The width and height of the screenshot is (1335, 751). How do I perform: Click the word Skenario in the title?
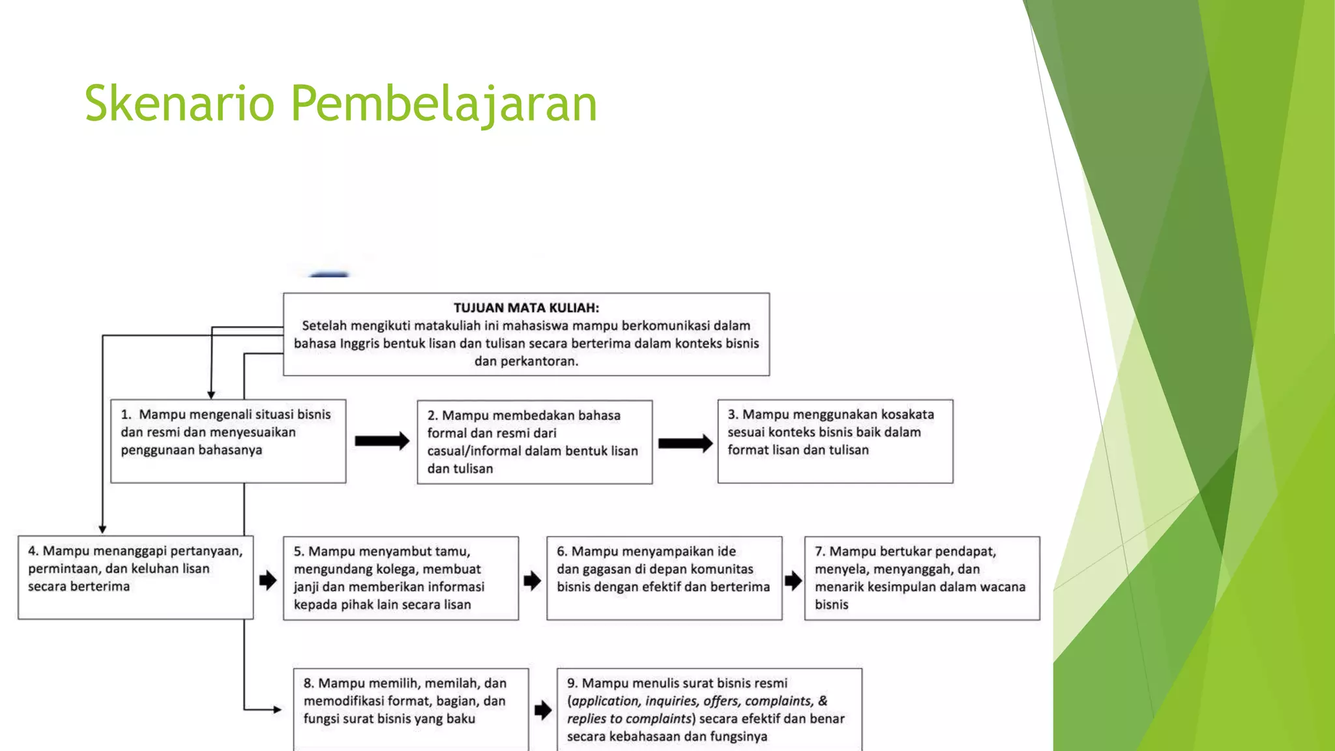click(x=179, y=103)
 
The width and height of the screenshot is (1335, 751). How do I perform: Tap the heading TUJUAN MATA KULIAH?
click(x=526, y=308)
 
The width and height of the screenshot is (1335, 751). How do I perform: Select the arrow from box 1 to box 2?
click(x=382, y=441)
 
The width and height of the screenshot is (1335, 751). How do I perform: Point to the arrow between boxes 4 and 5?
click(x=268, y=580)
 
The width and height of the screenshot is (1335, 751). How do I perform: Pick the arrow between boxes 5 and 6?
click(x=532, y=580)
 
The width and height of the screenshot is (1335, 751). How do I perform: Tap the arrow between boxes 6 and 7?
click(x=793, y=580)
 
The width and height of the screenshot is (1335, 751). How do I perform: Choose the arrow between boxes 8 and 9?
click(x=543, y=710)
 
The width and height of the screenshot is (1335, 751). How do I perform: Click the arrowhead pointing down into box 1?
click(x=211, y=394)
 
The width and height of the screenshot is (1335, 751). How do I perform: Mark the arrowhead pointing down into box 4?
click(x=102, y=529)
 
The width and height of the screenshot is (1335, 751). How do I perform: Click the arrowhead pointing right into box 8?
click(x=278, y=709)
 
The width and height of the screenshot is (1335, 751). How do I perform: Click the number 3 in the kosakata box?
click(x=732, y=415)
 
